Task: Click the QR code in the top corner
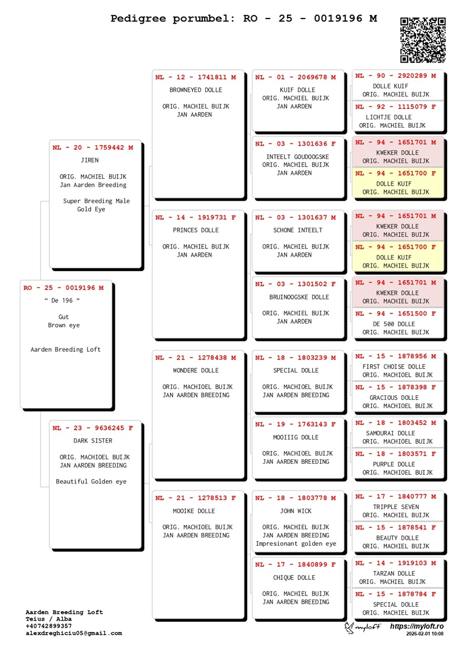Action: [x=423, y=40]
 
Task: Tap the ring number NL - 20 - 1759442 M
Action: [x=93, y=148]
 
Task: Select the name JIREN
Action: [x=90, y=160]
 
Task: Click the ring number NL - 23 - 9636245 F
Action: [x=93, y=428]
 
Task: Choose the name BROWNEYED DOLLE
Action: [x=196, y=90]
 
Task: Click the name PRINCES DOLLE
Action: [x=196, y=230]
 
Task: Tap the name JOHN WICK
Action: [x=296, y=511]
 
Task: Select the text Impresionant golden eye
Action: [x=296, y=544]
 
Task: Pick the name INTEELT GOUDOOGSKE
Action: [x=298, y=157]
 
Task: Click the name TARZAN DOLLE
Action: [x=394, y=574]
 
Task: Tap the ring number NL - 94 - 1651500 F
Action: [x=396, y=314]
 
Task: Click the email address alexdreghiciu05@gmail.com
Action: [x=74, y=633]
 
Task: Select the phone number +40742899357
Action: [x=49, y=626]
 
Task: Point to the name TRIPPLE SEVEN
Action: [x=394, y=507]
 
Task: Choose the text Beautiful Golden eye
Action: [x=91, y=481]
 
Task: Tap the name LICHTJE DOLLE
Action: [x=389, y=117]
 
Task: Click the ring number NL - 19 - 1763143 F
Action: [x=296, y=425]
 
